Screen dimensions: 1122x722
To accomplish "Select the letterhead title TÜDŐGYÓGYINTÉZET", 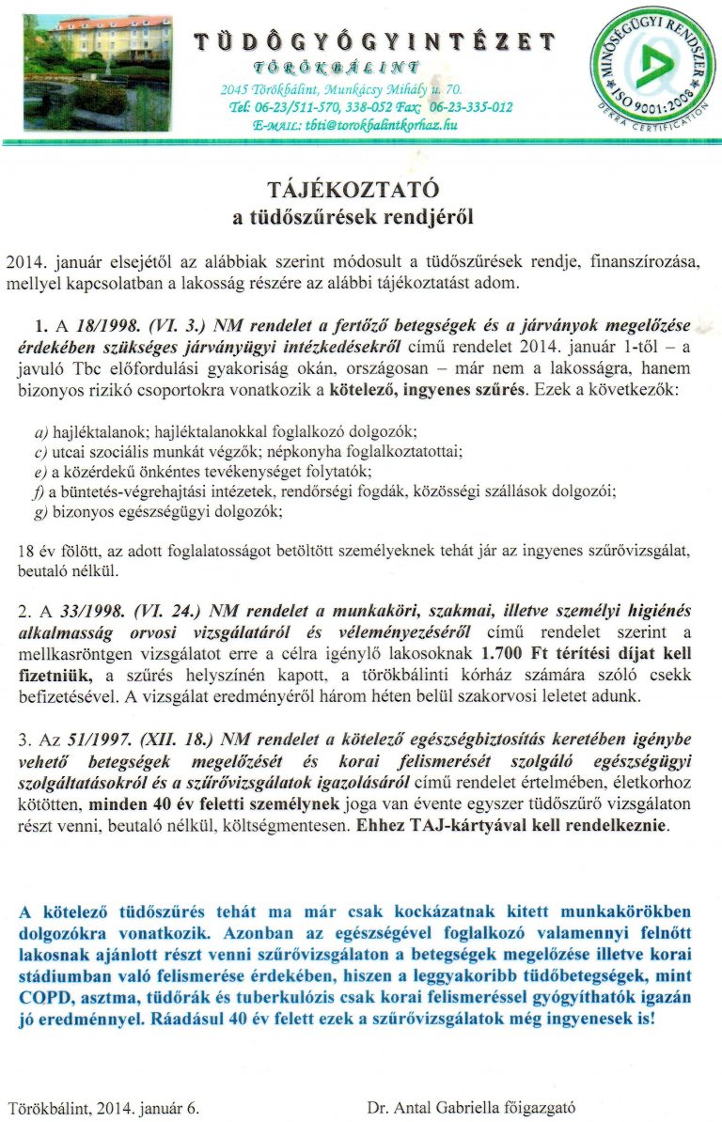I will [x=374, y=41].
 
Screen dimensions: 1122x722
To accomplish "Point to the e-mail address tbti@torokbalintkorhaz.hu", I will [x=382, y=123].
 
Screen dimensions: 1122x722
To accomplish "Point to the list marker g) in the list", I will [x=39, y=512].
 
